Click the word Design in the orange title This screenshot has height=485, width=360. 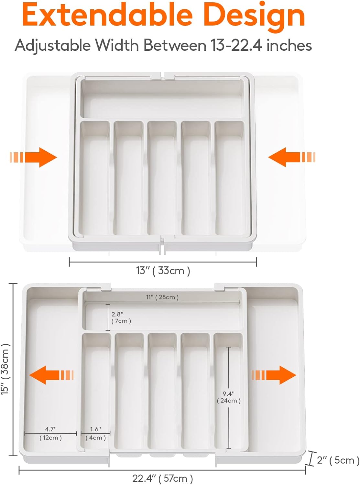pos(255,16)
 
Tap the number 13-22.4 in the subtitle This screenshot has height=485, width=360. pos(236,45)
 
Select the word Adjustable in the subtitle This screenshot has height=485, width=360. pos(53,45)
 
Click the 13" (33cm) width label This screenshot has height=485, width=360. pos(163,271)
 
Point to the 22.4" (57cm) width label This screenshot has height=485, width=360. pos(163,478)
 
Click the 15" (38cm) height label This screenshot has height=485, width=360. pos(5,369)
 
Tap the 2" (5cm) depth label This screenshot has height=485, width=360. pos(338,460)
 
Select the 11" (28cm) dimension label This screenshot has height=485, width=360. pos(162,297)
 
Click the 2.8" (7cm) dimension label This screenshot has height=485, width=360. pos(121,318)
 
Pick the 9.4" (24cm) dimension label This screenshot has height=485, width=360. pos(229,397)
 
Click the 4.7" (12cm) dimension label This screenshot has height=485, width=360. pos(51,434)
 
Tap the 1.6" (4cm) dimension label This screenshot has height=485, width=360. pos(96,434)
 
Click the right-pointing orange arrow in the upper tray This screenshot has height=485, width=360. pos(34,157)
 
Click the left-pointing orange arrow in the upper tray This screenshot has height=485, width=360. pos(291,157)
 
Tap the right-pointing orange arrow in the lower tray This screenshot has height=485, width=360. pos(274,375)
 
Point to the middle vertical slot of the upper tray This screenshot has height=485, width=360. pos(162,178)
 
